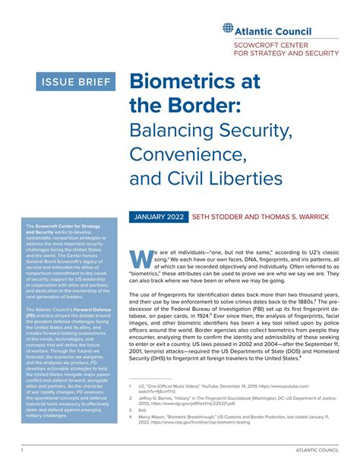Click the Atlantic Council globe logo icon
pos(229,29)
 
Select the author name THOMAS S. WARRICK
pos(297,217)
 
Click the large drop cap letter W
pos(141,258)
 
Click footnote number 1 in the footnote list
pos(131,387)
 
